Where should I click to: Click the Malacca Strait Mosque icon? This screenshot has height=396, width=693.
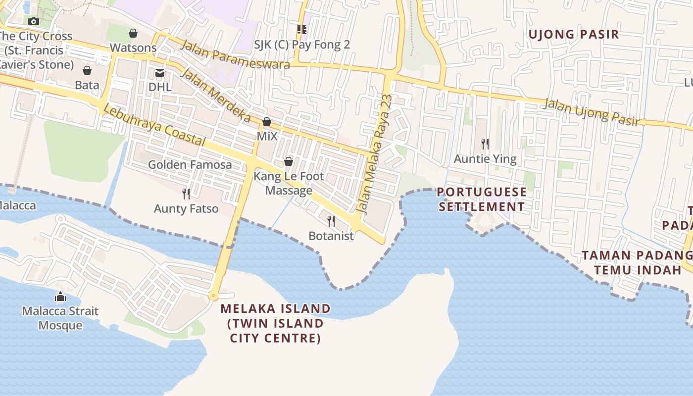[60, 297]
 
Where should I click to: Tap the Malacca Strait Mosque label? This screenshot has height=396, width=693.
[60, 318]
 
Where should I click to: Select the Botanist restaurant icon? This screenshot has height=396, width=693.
[331, 221]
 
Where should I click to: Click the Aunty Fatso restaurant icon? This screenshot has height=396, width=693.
[186, 194]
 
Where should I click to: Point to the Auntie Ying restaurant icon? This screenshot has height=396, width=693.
[485, 144]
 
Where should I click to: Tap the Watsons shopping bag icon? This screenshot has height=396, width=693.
[133, 33]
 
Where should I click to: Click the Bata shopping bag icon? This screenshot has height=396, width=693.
[87, 70]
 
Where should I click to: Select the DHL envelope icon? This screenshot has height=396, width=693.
[160, 73]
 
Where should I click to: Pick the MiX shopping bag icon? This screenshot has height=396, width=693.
[267, 122]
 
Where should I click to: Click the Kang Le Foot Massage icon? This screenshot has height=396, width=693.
[289, 161]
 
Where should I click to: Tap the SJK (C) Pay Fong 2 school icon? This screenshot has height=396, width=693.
[302, 30]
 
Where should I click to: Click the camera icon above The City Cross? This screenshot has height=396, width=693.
[34, 21]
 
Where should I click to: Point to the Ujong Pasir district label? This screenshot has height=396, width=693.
[574, 35]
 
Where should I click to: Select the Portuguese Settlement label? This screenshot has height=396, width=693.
[482, 199]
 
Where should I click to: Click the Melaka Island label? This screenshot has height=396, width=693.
[276, 323]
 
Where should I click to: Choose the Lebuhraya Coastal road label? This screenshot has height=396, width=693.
[155, 127]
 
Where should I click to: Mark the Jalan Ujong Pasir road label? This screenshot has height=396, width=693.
[592, 112]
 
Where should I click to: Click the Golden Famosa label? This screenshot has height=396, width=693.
[190, 165]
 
